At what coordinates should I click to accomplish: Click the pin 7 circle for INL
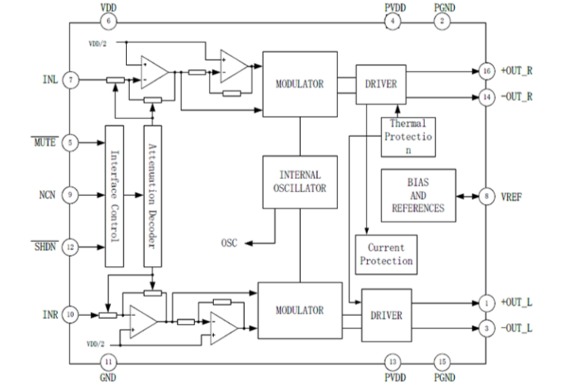pos(71,79)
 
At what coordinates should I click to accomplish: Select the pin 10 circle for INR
pos(71,314)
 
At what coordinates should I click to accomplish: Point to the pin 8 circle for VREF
pos(486,197)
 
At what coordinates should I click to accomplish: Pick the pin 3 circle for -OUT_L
pos(486,329)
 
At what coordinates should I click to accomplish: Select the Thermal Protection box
pos(407,136)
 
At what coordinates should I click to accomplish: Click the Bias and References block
pos(418,192)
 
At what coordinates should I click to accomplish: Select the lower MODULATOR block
pos(299,310)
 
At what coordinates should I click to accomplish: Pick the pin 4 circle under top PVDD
pos(394,21)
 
